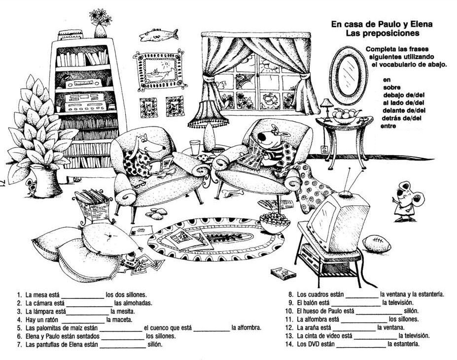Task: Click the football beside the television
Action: [379, 243]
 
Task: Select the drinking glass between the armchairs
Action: [195, 146]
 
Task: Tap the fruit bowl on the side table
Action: [344, 115]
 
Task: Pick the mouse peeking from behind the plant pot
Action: [31, 185]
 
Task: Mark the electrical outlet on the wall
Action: [324, 149]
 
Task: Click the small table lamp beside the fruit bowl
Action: [325, 106]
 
